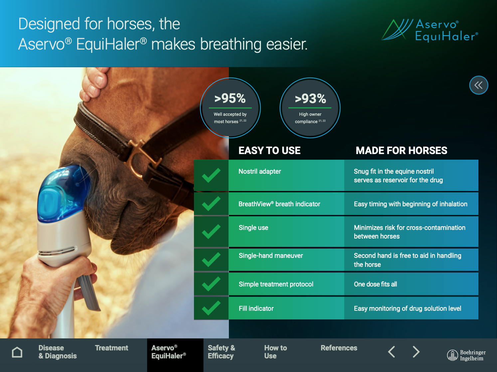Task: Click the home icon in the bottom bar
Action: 17,352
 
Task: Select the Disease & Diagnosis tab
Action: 58,352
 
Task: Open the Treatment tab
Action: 111,348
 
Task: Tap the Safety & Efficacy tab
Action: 222,352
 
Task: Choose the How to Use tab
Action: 275,352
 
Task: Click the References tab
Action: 339,348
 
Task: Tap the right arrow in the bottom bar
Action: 416,352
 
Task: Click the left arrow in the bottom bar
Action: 392,352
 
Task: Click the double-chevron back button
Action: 479,85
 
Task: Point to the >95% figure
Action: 230,98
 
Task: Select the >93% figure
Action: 310,99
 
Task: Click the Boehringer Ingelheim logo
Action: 466,355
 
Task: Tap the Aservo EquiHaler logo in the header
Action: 430,30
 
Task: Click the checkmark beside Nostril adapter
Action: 211,175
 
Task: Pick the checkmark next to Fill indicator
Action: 211,308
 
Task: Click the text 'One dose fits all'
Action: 375,284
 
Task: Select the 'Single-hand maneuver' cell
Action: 286,260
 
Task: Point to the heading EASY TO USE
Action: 269,151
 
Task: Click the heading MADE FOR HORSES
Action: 402,151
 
